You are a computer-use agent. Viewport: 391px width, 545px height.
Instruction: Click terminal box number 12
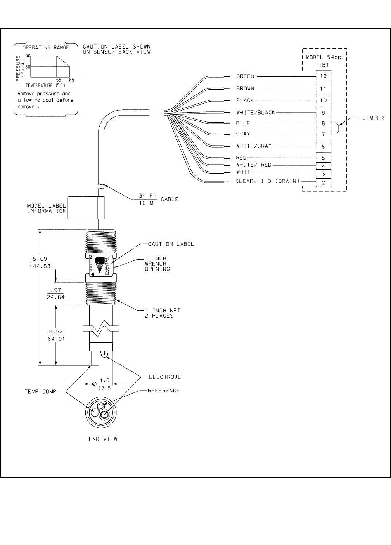pos(324,76)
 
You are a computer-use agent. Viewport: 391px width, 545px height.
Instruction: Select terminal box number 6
pos(324,146)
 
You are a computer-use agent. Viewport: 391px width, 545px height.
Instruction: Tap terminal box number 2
pos(324,182)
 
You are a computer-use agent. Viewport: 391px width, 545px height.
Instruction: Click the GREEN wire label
pos(245,76)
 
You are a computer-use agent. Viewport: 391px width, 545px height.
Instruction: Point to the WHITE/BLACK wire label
pos(256,113)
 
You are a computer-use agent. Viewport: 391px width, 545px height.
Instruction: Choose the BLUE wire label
pos(243,123)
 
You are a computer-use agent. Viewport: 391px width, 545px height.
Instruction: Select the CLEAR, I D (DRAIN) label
pos(268,181)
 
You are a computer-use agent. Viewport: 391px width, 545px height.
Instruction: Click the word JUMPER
pos(373,118)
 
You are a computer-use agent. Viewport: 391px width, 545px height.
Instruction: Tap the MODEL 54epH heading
pos(325,57)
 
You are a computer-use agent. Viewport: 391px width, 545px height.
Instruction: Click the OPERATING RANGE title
pos(46,47)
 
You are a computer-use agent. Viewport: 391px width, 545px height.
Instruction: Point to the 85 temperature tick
pos(71,79)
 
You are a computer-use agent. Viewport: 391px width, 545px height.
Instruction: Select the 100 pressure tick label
pos(26,56)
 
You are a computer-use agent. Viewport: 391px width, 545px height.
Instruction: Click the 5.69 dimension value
pos(40,259)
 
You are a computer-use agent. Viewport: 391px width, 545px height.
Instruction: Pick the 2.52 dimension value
pos(56,332)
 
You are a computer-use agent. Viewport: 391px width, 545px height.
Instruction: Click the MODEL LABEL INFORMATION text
pos(47,208)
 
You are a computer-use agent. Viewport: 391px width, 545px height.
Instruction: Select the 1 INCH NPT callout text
pos(163,310)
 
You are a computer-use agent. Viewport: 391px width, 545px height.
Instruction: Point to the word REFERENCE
pos(164,391)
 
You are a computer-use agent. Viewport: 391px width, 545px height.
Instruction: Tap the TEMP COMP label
pos(40,392)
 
